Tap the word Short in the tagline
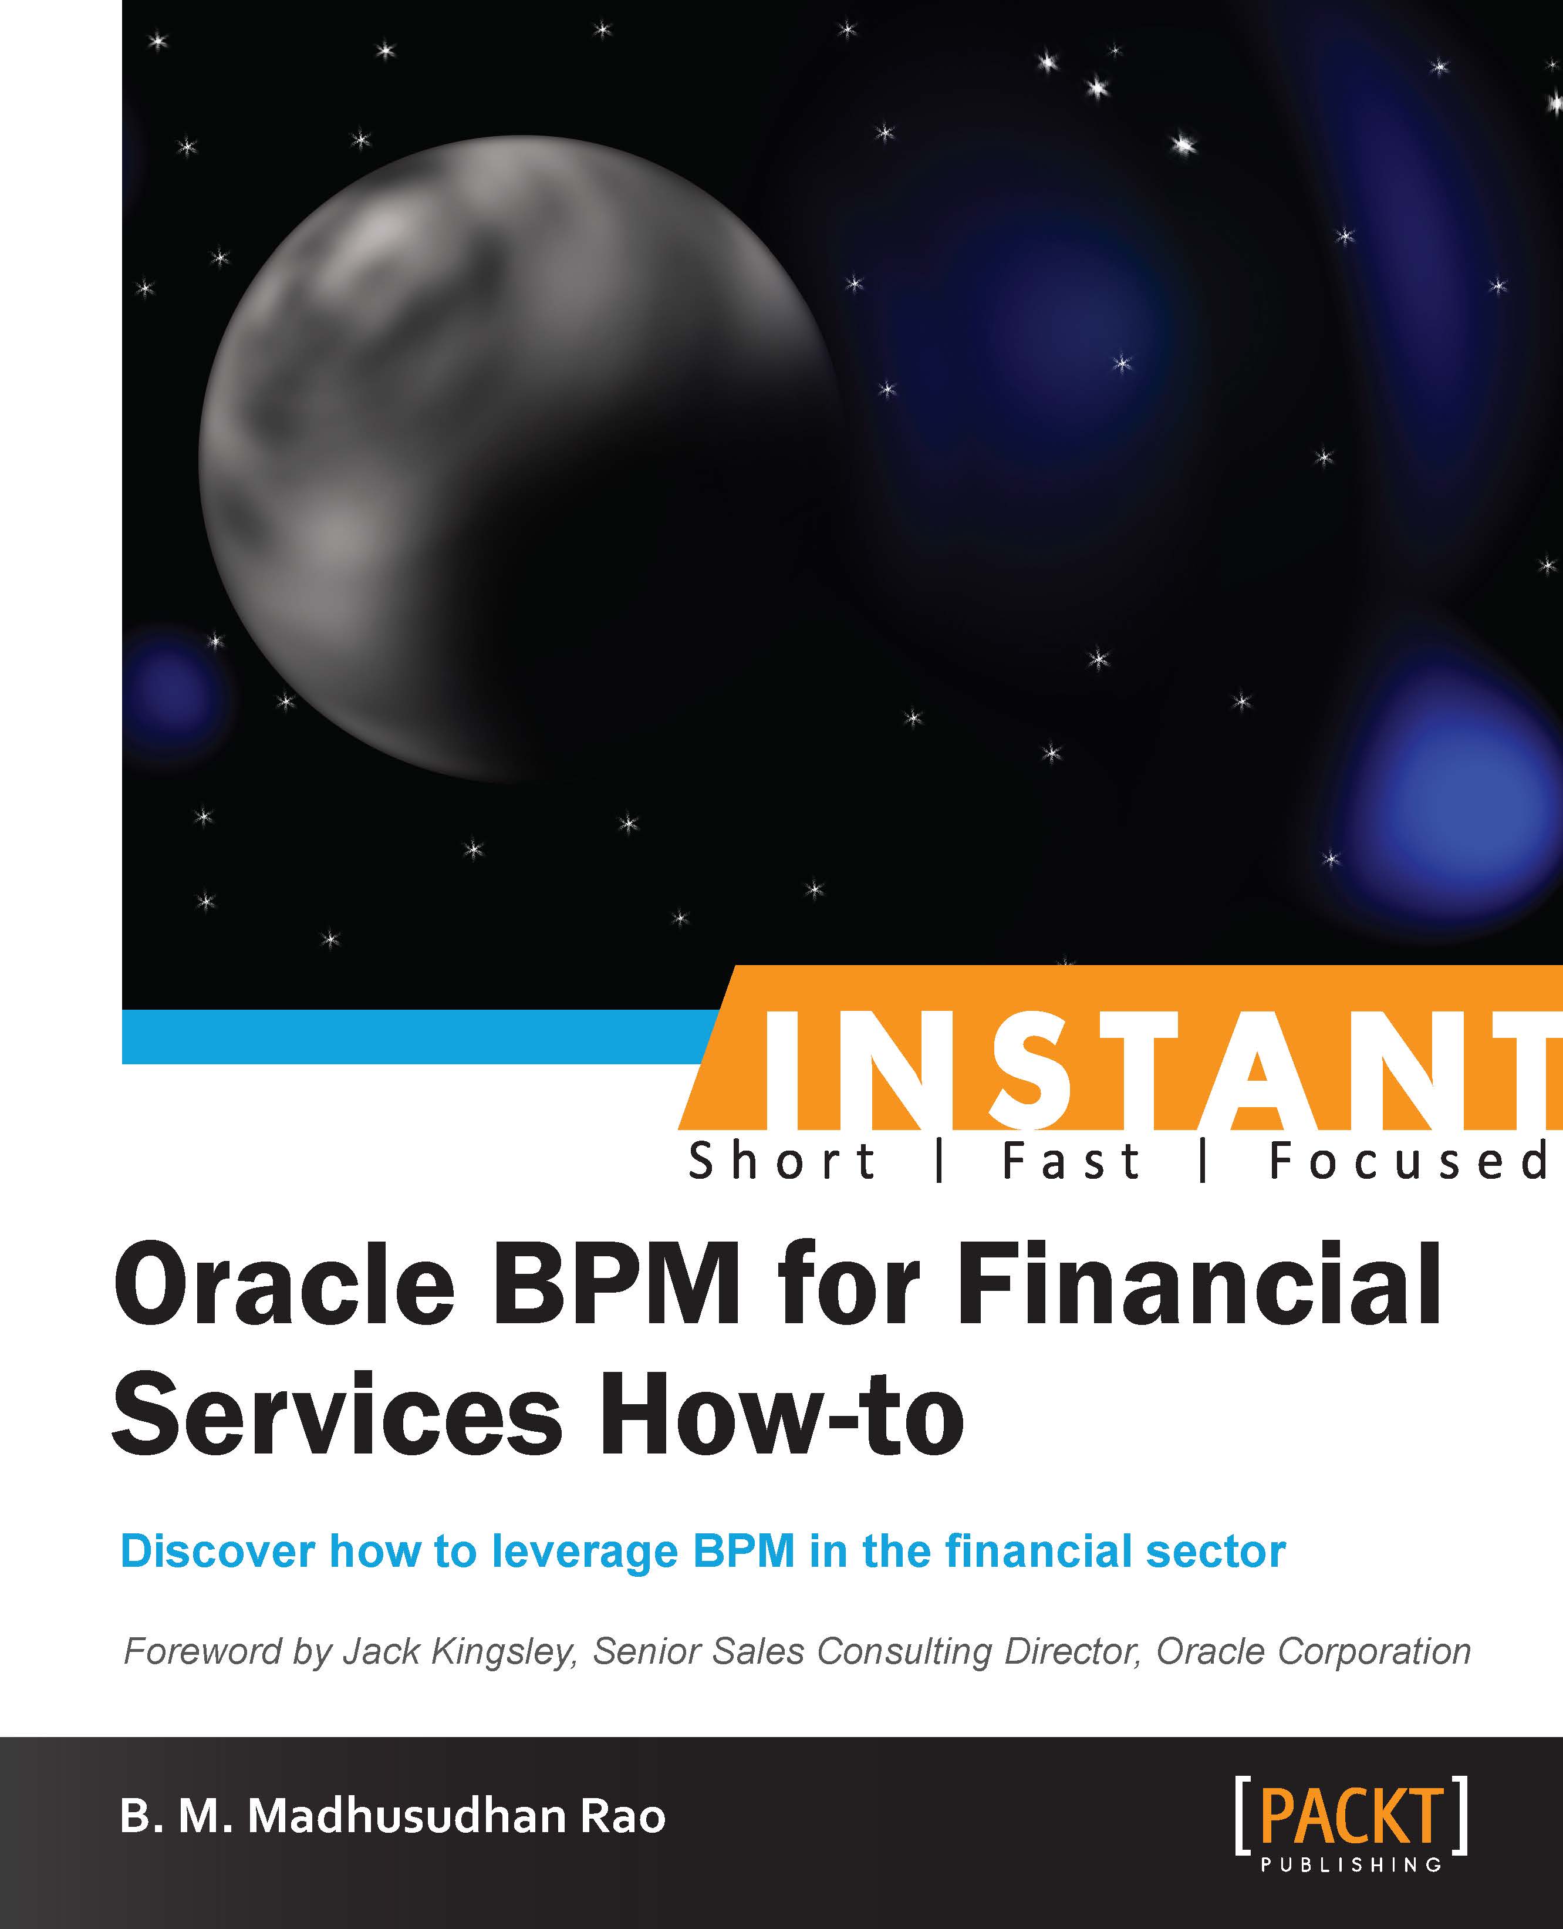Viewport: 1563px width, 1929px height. point(782,1161)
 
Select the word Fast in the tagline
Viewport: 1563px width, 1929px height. point(1071,1161)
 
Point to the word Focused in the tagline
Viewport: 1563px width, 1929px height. point(1409,1161)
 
